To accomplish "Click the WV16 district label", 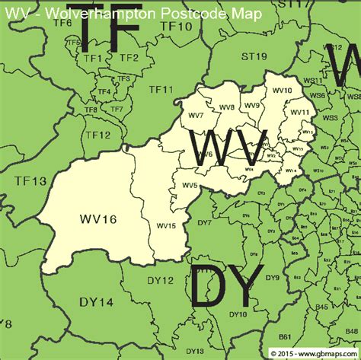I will click(97, 219).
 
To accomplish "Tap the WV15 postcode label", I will click(167, 225).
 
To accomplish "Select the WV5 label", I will click(190, 185).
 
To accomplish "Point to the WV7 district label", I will click(196, 115).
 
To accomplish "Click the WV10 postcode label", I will click(282, 91).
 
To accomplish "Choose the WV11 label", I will click(300, 112).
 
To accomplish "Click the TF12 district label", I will click(97, 135).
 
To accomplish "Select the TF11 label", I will click(161, 90).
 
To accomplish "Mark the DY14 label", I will click(97, 303).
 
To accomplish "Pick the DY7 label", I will click(204, 223).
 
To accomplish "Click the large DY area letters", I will click(226, 288).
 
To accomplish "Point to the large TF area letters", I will click(110, 29).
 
